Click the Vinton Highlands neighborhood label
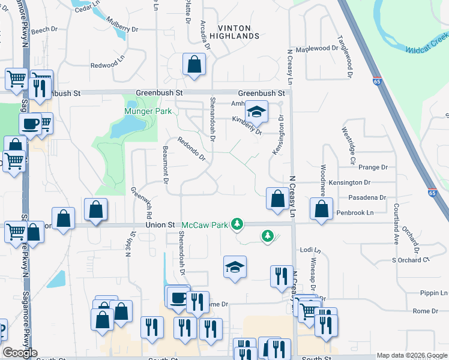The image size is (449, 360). pos(238,32)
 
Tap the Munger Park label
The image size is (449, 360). pos(148,112)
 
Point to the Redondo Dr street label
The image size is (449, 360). pos(191,149)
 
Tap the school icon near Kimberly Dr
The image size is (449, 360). pos(256,112)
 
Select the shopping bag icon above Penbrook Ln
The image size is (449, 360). pos(322,209)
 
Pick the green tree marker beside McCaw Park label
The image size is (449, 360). pos(238,224)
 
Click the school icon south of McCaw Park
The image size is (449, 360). pos(235,268)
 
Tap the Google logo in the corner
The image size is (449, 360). pos(20,353)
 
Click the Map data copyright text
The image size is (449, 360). pos(411,355)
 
